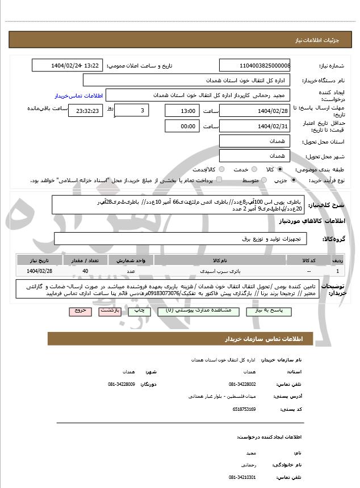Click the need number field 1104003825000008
pyautogui.click(x=254, y=66)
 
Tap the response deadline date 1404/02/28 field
pyautogui.click(x=254, y=111)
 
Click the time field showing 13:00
pyautogui.click(x=182, y=111)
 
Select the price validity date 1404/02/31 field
pyautogui.click(x=254, y=126)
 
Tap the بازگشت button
pyautogui.click(x=108, y=312)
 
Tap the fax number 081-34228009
pyautogui.click(x=122, y=384)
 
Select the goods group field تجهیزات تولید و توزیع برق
pyautogui.click(x=181, y=239)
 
